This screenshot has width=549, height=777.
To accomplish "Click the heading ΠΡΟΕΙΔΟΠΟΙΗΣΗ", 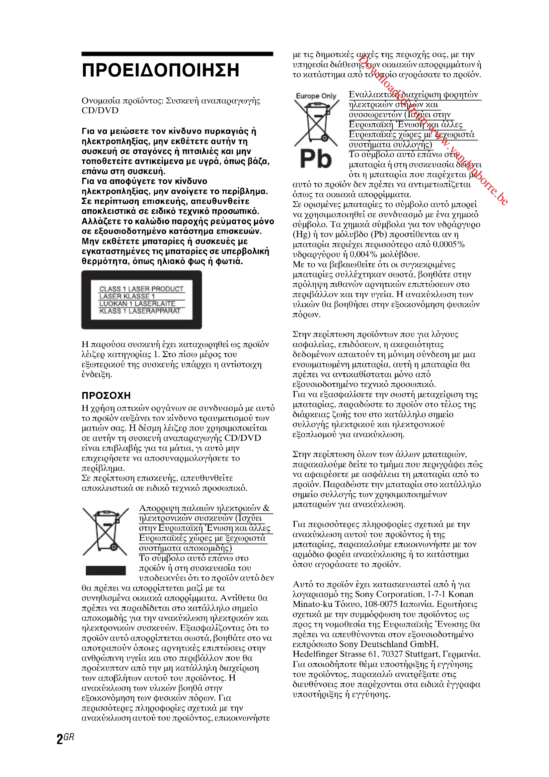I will (x=161, y=70).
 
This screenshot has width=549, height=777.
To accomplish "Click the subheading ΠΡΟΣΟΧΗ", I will (x=106, y=396).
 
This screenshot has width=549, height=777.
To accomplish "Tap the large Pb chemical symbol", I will (x=316, y=159).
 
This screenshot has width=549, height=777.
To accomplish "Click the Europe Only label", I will (x=316, y=96).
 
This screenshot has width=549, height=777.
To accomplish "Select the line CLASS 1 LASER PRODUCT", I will (x=141, y=289).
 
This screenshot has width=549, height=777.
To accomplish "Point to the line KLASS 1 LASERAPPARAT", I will (x=140, y=311).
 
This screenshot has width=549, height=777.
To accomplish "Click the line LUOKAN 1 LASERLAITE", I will (x=137, y=304).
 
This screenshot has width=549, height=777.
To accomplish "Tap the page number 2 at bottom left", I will (x=60, y=739).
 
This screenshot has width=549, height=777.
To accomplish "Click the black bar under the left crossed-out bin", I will (x=106, y=570).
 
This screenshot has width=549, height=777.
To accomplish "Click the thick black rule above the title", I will (x=177, y=54).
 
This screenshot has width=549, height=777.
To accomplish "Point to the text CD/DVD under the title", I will (x=100, y=111).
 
